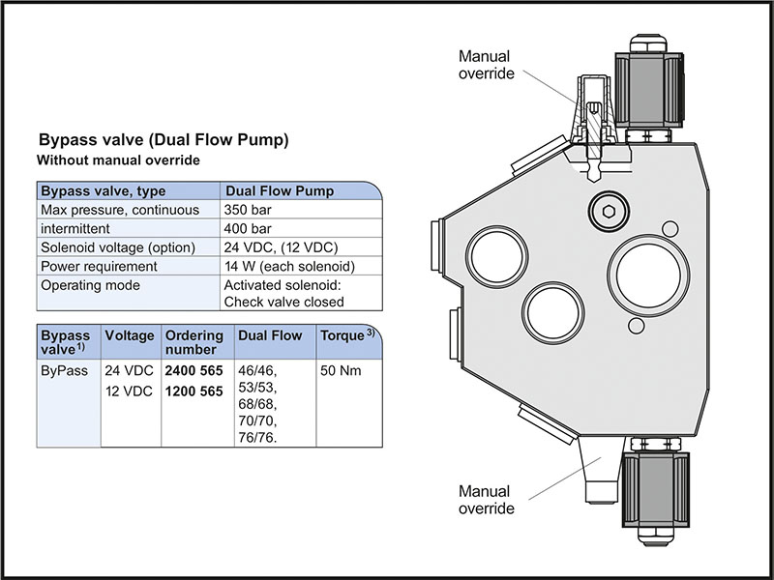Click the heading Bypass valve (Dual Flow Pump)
pos(163,140)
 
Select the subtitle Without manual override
pos(117,159)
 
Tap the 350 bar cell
pos(249,210)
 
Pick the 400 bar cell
pos(249,228)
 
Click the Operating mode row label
pos(90,285)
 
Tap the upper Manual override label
pos(487,66)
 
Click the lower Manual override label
pos(487,499)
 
